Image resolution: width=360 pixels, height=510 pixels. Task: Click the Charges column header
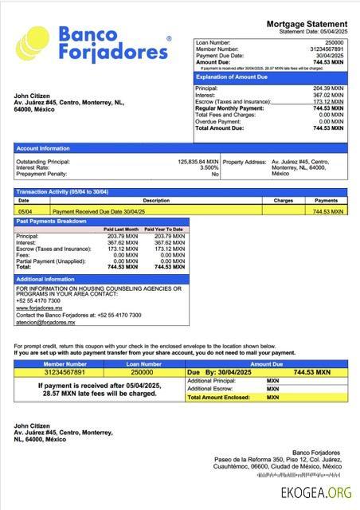(284, 201)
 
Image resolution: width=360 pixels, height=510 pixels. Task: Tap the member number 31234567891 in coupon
(57, 372)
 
